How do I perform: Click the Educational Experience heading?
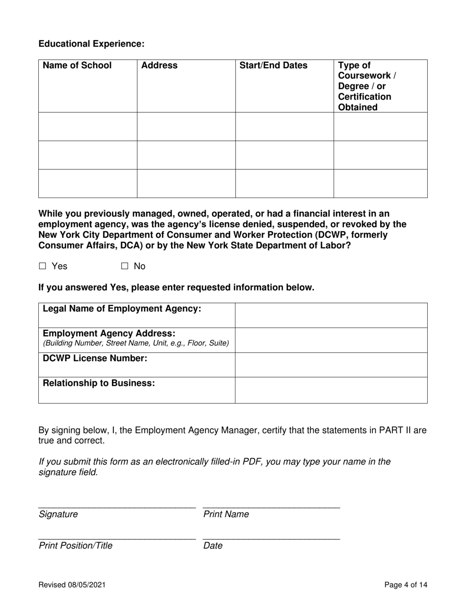click(x=91, y=44)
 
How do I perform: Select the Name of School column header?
click(x=77, y=66)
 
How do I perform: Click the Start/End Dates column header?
click(x=273, y=66)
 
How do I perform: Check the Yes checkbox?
click(x=42, y=266)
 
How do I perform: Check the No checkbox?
click(x=125, y=266)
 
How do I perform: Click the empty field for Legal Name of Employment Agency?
click(x=331, y=315)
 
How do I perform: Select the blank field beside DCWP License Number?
click(x=331, y=365)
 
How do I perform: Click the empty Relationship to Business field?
click(x=331, y=390)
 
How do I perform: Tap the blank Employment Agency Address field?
click(x=331, y=340)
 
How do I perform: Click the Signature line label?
click(x=58, y=514)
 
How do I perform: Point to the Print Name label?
click(x=226, y=514)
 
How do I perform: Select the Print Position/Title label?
click(x=75, y=546)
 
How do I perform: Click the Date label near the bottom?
click(x=212, y=546)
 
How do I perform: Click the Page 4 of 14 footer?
click(x=406, y=584)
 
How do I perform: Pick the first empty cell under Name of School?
click(x=88, y=126)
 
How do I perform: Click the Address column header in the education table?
click(x=159, y=66)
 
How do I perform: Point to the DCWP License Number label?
click(x=95, y=358)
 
